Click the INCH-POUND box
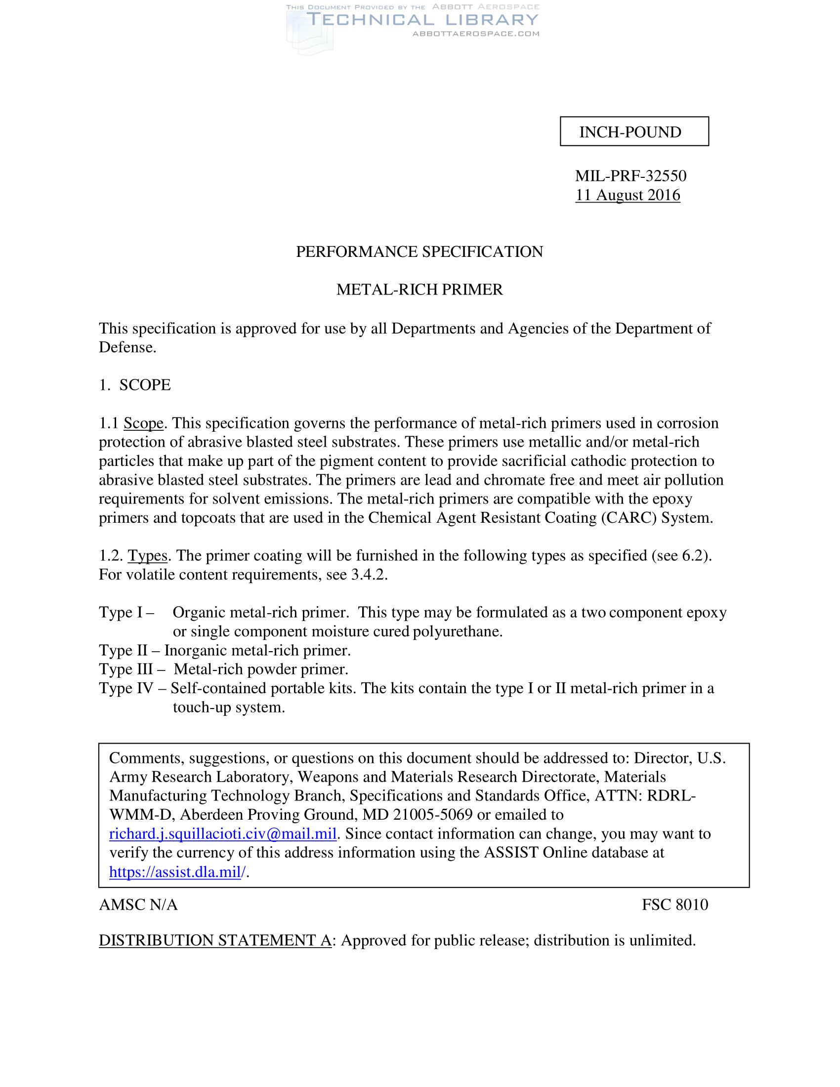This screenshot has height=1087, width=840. (634, 131)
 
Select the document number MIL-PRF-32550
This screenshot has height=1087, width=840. (630, 176)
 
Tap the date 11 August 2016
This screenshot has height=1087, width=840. (628, 195)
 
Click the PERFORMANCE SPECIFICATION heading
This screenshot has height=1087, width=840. (419, 252)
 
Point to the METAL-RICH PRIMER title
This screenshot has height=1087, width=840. (419, 290)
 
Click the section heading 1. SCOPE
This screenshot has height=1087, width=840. (135, 385)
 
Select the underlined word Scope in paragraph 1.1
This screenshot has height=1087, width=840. (143, 423)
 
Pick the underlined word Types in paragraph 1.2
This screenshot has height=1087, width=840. (147, 555)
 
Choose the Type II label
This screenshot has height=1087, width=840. (123, 651)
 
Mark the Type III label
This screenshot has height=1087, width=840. (126, 669)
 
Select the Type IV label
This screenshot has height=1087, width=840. (126, 688)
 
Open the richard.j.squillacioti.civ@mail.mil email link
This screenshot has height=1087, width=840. (223, 834)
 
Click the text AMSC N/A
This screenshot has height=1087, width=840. (138, 905)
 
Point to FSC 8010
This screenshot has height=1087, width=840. (675, 905)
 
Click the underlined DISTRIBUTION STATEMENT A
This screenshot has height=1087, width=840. (215, 940)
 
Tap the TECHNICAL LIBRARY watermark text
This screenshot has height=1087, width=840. (422, 20)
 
